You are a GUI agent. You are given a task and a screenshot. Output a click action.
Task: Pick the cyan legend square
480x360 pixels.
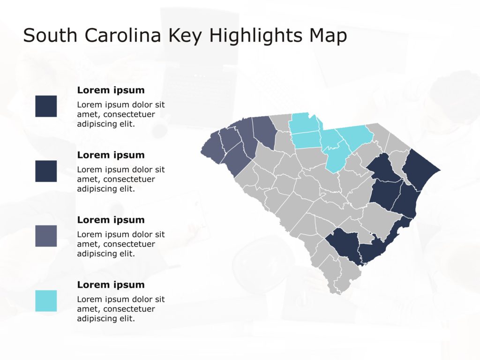pos(46,301)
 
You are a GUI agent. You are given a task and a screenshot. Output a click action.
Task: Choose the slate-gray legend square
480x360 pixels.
pos(46,236)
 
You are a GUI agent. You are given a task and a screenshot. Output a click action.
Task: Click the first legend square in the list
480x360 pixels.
pos(46,106)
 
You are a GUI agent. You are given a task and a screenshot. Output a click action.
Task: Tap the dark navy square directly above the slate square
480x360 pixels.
pos(46,171)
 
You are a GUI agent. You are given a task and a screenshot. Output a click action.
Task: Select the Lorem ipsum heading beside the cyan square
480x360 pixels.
pos(111,285)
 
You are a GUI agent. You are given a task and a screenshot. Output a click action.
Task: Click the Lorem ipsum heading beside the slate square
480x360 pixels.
pos(111,220)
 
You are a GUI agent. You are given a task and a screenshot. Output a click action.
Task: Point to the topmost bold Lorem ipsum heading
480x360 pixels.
pos(111,90)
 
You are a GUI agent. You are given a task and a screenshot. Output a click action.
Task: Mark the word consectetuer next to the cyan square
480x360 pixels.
pos(129,309)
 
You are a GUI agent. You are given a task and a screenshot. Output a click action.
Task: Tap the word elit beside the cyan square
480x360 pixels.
pos(127,318)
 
